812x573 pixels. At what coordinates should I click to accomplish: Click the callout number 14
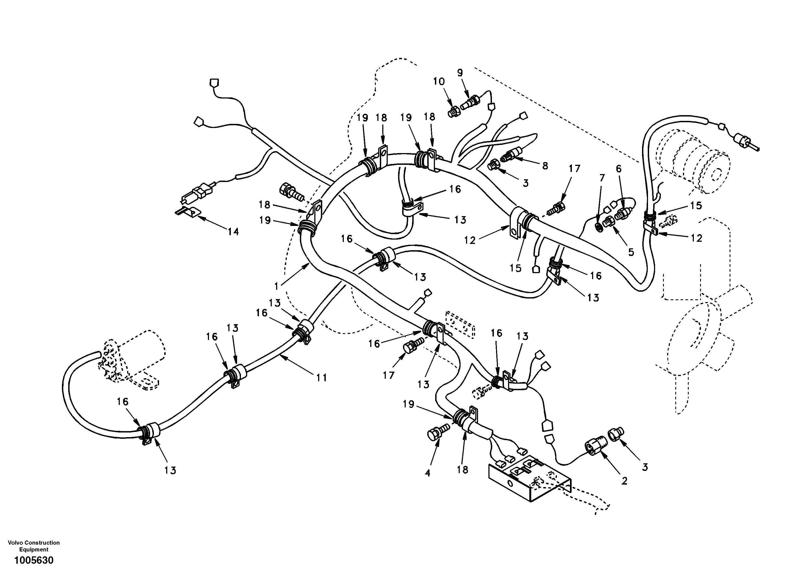[x=233, y=232]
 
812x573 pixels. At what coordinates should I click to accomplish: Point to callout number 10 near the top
[x=439, y=82]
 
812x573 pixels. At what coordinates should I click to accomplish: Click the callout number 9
[x=460, y=73]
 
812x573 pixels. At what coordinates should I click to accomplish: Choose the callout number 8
[x=545, y=166]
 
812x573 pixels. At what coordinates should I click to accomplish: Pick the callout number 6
[x=619, y=169]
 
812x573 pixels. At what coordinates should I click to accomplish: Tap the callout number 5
[x=631, y=252]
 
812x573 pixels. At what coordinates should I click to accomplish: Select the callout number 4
[x=427, y=473]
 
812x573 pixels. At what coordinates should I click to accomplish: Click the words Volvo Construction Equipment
[x=34, y=546]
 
